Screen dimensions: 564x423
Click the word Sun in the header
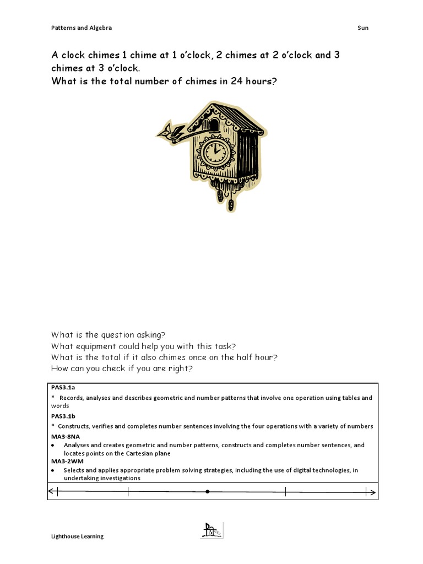(x=362, y=28)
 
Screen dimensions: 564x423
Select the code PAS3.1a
(x=62, y=388)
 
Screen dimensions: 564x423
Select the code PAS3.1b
(x=63, y=416)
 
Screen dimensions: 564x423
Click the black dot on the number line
(x=207, y=491)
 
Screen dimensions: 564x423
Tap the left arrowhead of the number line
(x=52, y=491)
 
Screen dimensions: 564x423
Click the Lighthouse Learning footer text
(x=77, y=536)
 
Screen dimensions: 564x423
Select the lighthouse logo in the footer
(x=211, y=531)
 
